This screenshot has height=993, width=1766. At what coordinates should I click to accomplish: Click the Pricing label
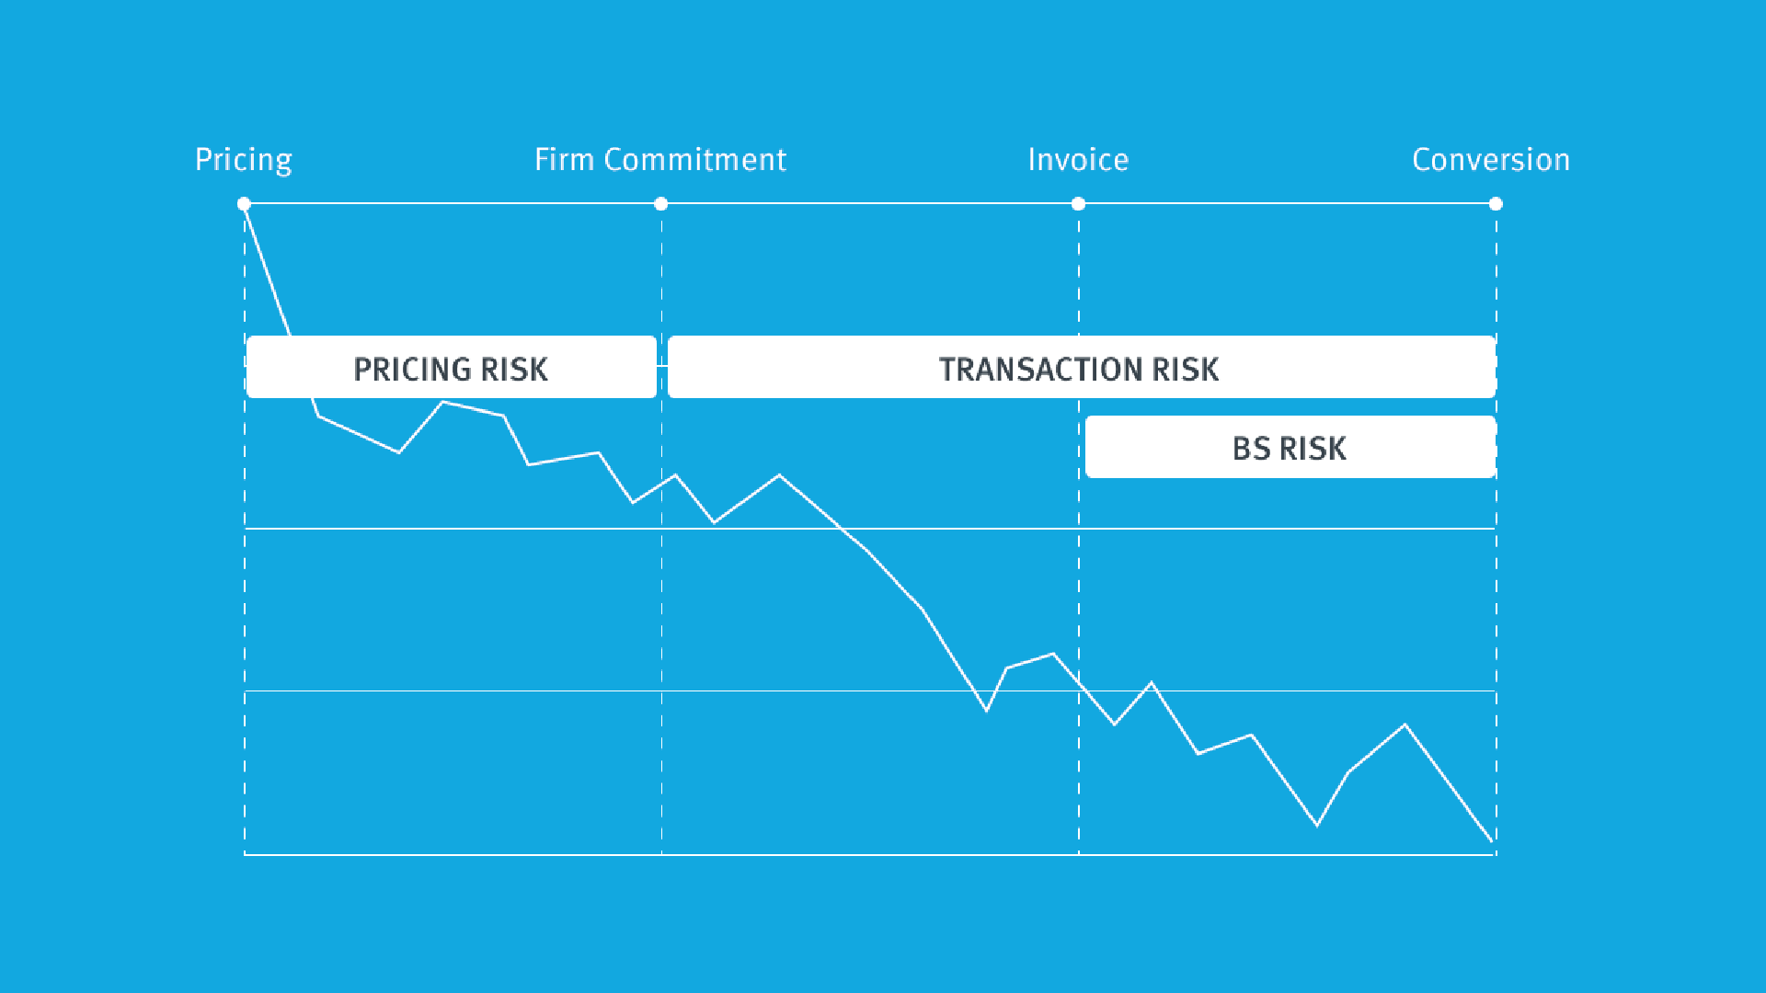tap(244, 160)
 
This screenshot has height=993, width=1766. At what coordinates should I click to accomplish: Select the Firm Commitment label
tap(660, 160)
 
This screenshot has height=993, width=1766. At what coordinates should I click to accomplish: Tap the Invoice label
tap(1078, 160)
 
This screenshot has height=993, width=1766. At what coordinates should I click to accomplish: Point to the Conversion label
tap(1491, 160)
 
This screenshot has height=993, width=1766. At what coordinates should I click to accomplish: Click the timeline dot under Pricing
tap(244, 204)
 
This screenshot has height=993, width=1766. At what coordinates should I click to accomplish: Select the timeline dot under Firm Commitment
tap(661, 204)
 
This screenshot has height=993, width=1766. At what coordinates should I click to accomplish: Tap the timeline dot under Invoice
tap(1078, 204)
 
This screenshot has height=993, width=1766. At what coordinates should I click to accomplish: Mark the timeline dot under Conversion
tap(1496, 204)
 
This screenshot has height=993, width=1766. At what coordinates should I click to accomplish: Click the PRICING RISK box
tap(451, 368)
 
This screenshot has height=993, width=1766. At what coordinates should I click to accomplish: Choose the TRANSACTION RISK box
tap(1081, 368)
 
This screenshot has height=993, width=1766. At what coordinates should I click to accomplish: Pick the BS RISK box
tap(1290, 448)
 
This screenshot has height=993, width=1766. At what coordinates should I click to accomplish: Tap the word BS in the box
tap(1251, 449)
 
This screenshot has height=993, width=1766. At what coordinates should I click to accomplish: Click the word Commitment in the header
tap(695, 160)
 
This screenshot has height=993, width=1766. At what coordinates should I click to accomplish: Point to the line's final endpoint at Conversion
tap(1492, 840)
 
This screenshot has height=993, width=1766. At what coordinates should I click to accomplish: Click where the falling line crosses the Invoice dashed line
tap(1079, 683)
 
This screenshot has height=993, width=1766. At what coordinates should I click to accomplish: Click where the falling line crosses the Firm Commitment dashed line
tap(661, 485)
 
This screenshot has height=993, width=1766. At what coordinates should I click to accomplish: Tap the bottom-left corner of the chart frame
tap(245, 854)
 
